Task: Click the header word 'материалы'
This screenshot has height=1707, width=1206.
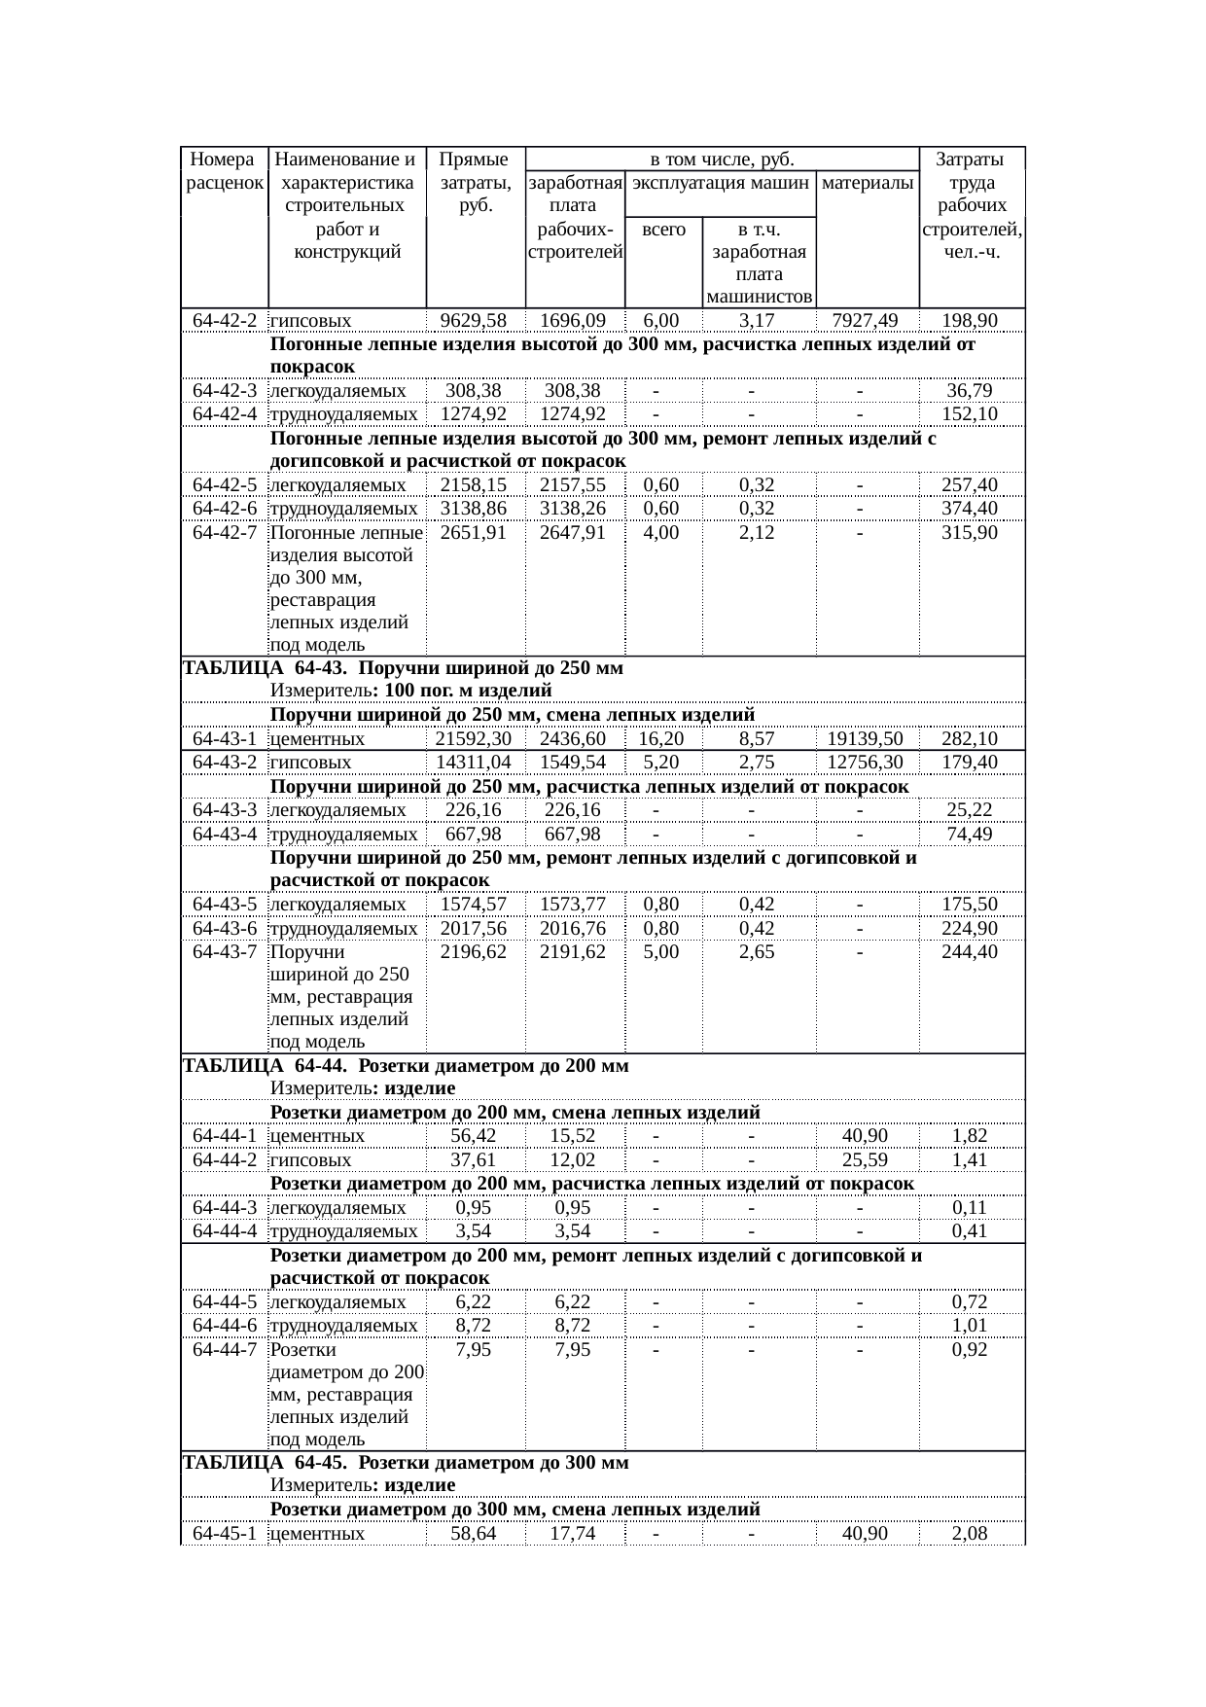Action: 868,182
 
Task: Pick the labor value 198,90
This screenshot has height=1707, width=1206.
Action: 970,320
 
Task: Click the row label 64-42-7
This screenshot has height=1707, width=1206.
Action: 225,533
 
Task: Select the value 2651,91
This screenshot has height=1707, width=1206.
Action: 474,533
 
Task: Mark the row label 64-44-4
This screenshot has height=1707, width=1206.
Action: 225,1231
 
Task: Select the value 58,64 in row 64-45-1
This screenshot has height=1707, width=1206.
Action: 474,1534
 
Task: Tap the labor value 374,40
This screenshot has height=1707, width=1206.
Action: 970,509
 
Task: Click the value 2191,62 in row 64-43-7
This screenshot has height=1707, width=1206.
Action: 573,952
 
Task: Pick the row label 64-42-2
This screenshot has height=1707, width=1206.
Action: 225,320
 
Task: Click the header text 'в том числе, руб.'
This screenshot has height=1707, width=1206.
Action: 723,159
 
